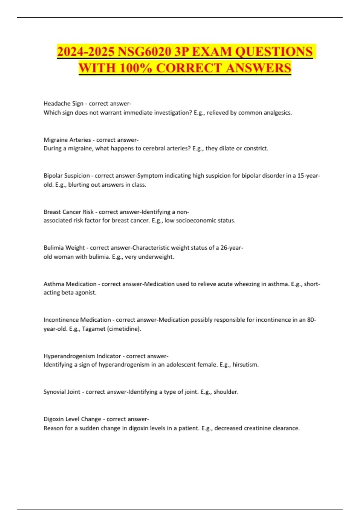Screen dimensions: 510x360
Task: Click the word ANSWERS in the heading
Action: [258, 68]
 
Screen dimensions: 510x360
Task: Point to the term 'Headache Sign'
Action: [63, 103]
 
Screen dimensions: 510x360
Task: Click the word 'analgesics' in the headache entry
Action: [277, 113]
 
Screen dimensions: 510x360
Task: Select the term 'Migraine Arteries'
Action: [67, 140]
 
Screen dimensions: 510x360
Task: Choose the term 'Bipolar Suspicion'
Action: [67, 176]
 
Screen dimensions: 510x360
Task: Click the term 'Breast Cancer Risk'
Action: [68, 212]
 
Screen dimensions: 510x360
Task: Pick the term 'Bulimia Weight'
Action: [64, 248]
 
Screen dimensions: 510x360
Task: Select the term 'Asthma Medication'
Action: [70, 284]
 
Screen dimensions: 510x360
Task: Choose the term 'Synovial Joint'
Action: [62, 392]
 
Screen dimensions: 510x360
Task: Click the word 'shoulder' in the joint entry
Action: [225, 392]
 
